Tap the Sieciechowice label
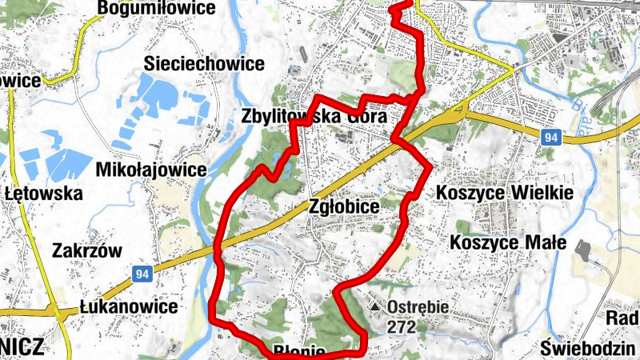[204, 64]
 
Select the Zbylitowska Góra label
[314, 117]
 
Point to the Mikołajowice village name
[150, 170]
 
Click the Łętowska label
[43, 194]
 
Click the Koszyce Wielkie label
[505, 194]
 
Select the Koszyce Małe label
[508, 242]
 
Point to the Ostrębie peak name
[417, 307]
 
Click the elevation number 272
[401, 326]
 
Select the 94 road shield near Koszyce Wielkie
[548, 138]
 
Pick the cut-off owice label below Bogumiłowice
[20, 81]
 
